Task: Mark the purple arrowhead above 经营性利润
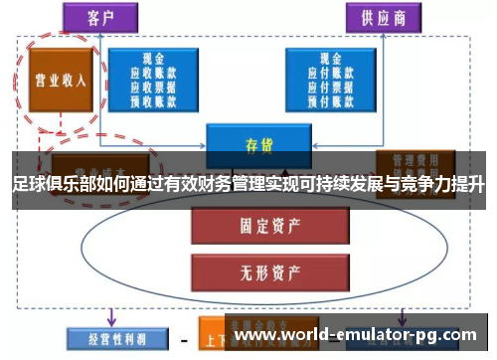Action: (110, 319)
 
